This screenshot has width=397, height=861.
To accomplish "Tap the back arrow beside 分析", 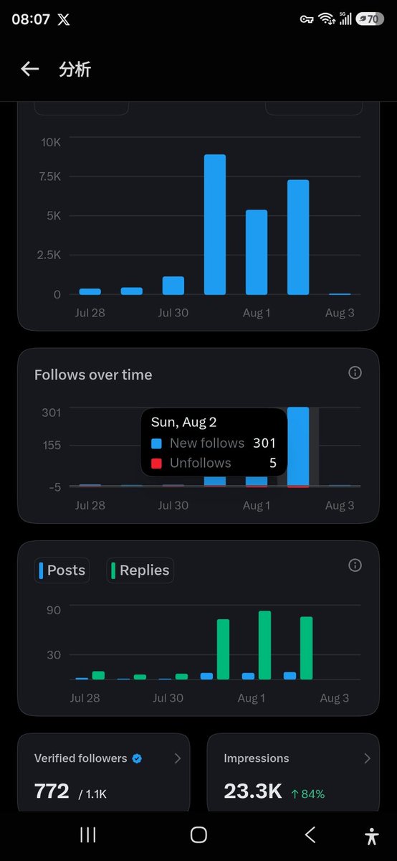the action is [x=30, y=69].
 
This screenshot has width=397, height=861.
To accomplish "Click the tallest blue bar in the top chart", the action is [x=215, y=225].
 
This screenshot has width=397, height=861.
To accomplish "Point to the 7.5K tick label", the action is [x=50, y=177].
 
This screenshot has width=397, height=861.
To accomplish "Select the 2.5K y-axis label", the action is [x=49, y=255].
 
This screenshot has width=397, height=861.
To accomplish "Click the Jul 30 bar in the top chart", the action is [x=173, y=286].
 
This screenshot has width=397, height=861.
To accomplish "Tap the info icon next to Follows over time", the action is [x=355, y=372].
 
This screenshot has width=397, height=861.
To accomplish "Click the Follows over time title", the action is [x=93, y=375].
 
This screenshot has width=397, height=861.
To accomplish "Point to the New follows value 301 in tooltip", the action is [x=264, y=443].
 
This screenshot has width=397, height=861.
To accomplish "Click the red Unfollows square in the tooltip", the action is [x=156, y=464].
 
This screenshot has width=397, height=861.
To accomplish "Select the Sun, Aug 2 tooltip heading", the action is [x=184, y=423].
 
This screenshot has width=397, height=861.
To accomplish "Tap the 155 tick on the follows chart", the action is [x=52, y=446].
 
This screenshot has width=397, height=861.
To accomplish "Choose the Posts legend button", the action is [x=62, y=570].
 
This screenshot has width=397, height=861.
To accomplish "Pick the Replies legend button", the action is [x=140, y=570].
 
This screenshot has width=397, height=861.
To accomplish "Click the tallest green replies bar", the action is [x=265, y=645].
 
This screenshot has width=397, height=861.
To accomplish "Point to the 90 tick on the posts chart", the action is [x=54, y=611].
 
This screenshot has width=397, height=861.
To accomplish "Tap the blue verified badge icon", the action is [x=137, y=758].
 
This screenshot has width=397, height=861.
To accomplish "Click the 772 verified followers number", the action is [x=52, y=791].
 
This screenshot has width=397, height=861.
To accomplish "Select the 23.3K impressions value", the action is [x=253, y=791].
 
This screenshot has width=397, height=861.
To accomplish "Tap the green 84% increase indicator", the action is [x=308, y=794].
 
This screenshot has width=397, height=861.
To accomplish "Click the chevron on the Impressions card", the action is [x=368, y=758].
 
